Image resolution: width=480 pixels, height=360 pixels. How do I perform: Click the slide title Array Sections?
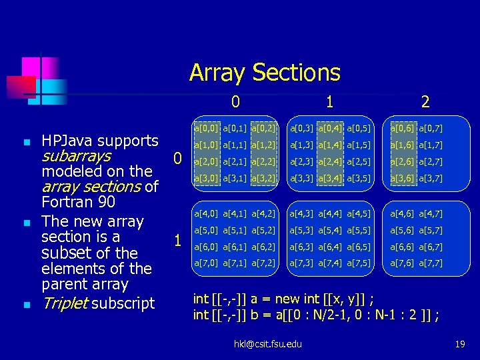tap(265, 72)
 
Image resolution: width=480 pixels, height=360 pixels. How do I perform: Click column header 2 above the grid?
tap(425, 101)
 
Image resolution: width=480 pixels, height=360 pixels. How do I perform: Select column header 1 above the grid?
tap(329, 101)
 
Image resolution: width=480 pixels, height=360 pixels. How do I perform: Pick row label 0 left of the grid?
tap(177, 159)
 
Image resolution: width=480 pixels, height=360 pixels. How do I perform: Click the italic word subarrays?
tap(76, 156)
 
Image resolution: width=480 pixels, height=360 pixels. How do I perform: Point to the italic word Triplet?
tap(65, 303)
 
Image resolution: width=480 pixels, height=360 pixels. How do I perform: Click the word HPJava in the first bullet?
tap(69, 141)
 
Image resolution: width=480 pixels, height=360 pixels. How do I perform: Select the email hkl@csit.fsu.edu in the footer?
tap(267, 343)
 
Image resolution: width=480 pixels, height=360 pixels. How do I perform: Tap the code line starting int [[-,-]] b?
tap(315, 315)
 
